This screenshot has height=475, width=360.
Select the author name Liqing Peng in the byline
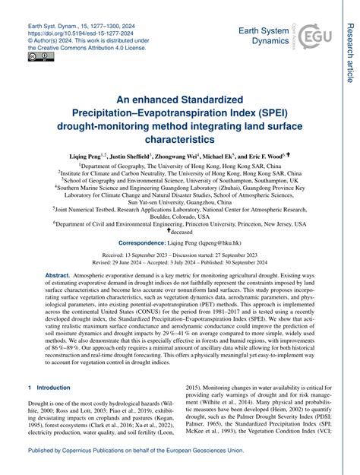point(85,155)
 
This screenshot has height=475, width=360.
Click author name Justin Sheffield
point(132,155)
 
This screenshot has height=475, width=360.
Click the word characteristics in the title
point(179,141)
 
